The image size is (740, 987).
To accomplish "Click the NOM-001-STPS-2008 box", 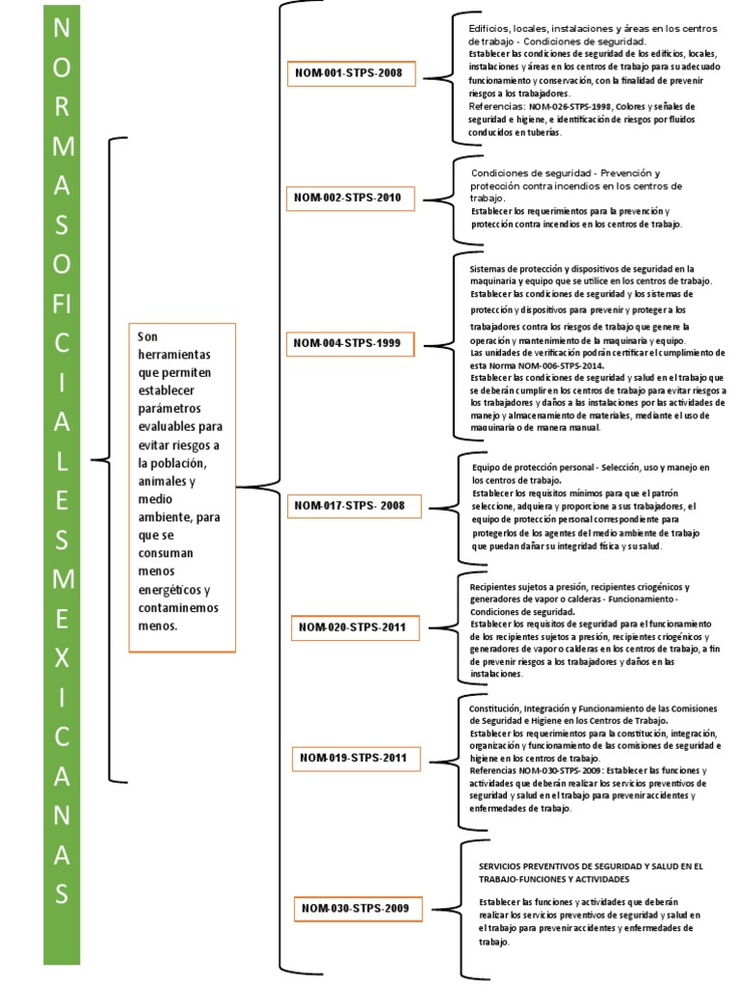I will pyautogui.click(x=348, y=72).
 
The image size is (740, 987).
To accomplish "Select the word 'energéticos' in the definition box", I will pyautogui.click(x=172, y=590).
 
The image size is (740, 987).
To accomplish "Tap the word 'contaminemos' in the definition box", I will pyautogui.click(x=178, y=608).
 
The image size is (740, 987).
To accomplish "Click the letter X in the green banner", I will pyautogui.click(x=62, y=657).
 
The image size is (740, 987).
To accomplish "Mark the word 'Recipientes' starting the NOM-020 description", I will pyautogui.click(x=495, y=587).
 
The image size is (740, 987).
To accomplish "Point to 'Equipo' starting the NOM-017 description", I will pyautogui.click(x=488, y=467).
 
